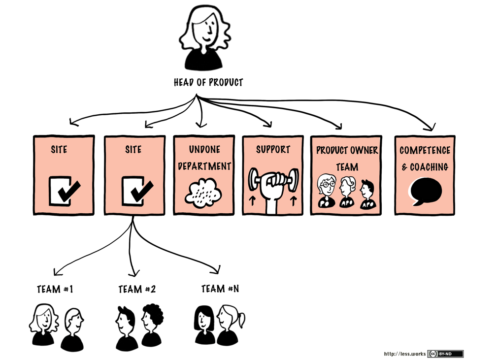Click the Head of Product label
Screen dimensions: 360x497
(208, 82)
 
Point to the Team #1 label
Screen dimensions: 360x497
(55, 289)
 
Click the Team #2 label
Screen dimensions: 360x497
(137, 289)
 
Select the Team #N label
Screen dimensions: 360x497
(220, 289)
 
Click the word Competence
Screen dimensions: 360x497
(425, 151)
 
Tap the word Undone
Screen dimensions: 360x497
(204, 150)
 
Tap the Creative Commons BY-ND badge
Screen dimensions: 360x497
(445, 354)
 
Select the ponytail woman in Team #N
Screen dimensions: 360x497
(230, 323)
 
